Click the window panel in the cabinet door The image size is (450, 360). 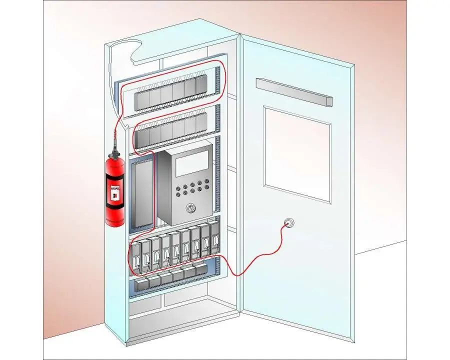tap(297, 153)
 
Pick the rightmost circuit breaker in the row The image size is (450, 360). tap(215, 239)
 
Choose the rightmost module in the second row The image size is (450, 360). tap(201, 122)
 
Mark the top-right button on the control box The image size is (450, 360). tap(205, 183)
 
